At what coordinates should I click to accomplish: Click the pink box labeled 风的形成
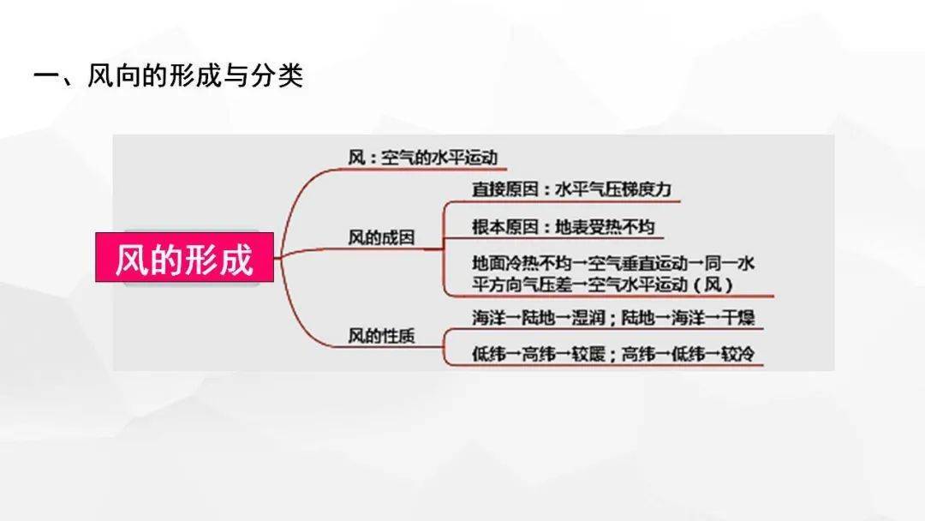tap(185, 257)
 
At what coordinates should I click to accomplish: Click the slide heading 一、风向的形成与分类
tap(168, 75)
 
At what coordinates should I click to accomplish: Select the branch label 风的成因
tap(381, 237)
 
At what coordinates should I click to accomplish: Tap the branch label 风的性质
tap(381, 336)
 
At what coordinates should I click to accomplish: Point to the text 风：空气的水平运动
tap(423, 158)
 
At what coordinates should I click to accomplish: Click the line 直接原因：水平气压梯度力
tap(571, 189)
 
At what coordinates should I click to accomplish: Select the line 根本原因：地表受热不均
tap(564, 226)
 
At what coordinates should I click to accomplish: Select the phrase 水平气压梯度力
tap(613, 189)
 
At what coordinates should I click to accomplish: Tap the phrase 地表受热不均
tap(606, 226)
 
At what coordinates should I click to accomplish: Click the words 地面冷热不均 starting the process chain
tap(522, 262)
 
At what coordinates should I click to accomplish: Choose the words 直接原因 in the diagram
tap(505, 189)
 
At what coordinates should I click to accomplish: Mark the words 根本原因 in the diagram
tap(505, 226)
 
